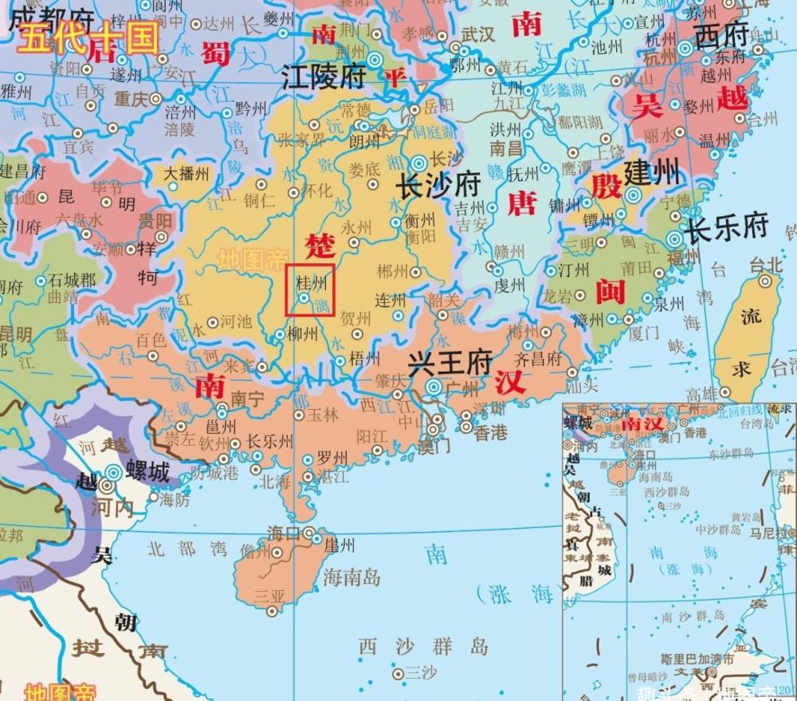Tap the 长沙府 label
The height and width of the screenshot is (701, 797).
point(439,187)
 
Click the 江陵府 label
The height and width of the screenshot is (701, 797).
point(324,77)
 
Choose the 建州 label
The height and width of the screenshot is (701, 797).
point(652,171)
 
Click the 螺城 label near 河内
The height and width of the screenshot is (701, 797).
point(148,473)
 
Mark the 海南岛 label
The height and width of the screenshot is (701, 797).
point(353,577)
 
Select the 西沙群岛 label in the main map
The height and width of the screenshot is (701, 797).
point(423,645)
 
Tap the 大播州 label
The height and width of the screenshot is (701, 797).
point(186,173)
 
